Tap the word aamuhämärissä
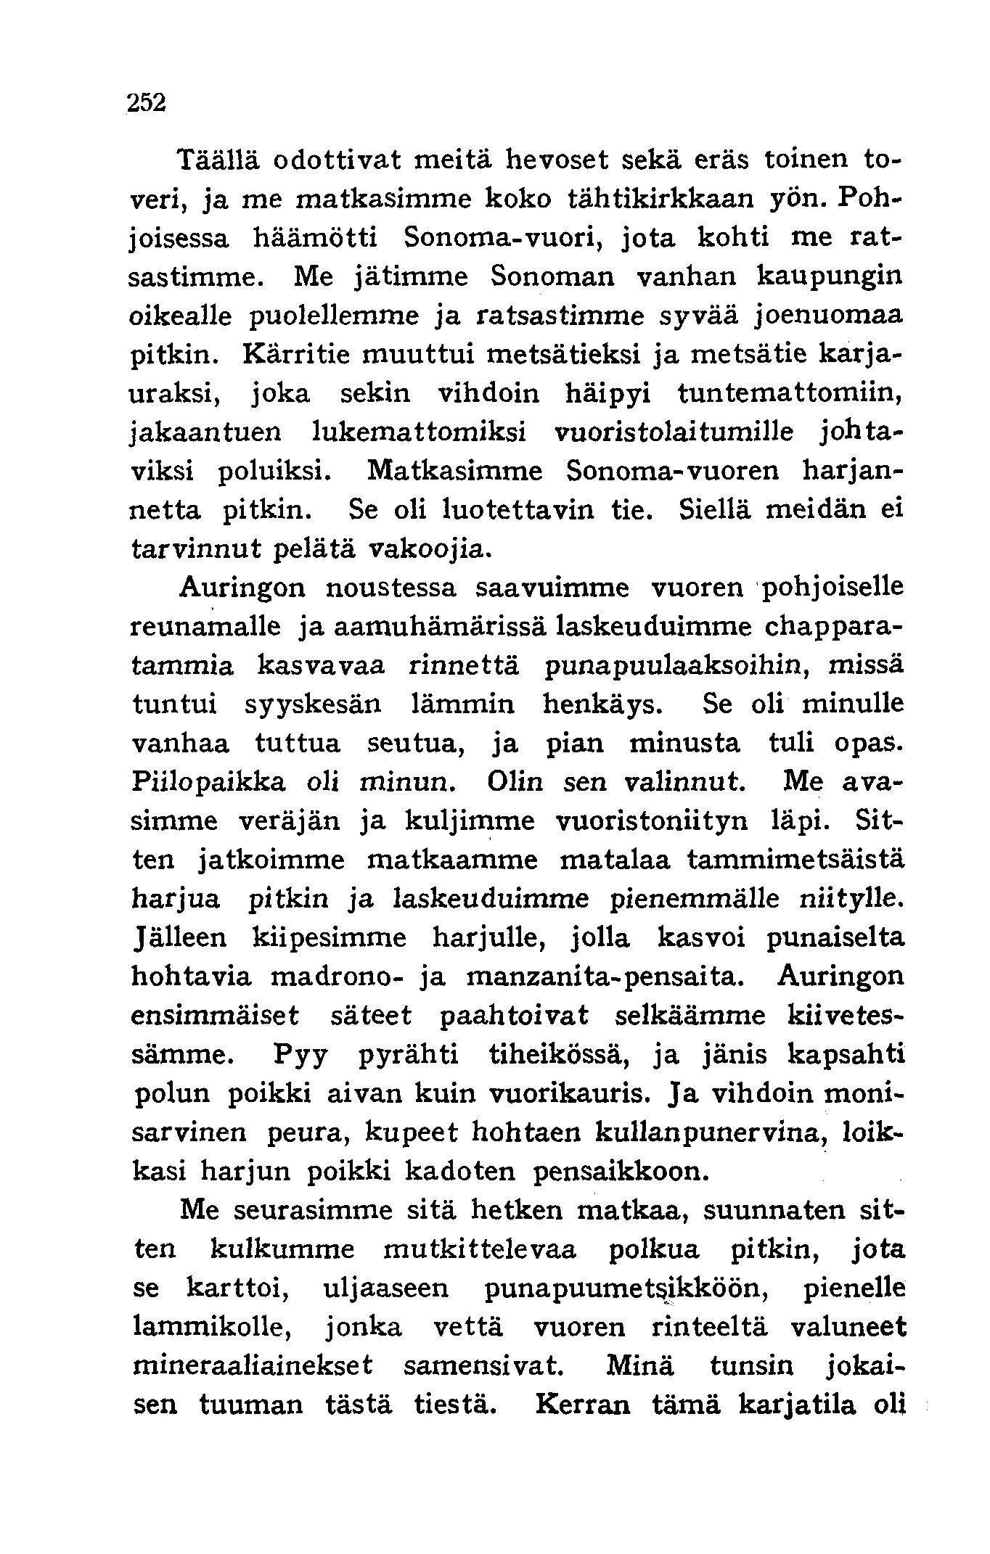click(x=440, y=626)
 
